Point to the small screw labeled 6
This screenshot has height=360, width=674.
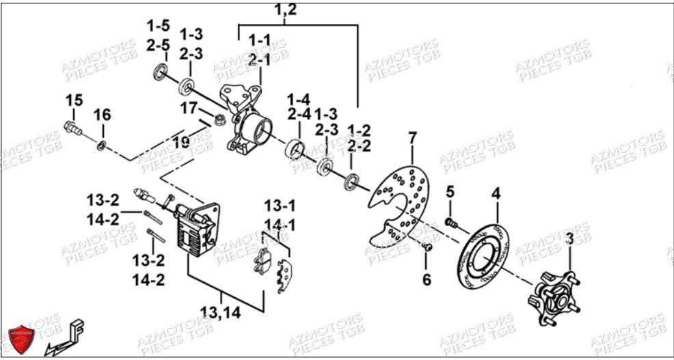(427, 247)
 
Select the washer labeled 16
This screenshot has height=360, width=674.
(101, 146)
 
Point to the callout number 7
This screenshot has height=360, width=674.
(412, 139)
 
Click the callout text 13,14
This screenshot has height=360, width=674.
(221, 312)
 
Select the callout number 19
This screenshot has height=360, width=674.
(181, 142)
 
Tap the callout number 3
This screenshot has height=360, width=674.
(569, 239)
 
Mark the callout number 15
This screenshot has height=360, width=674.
(74, 100)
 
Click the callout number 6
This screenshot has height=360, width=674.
(427, 279)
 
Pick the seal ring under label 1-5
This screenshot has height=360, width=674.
(161, 71)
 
